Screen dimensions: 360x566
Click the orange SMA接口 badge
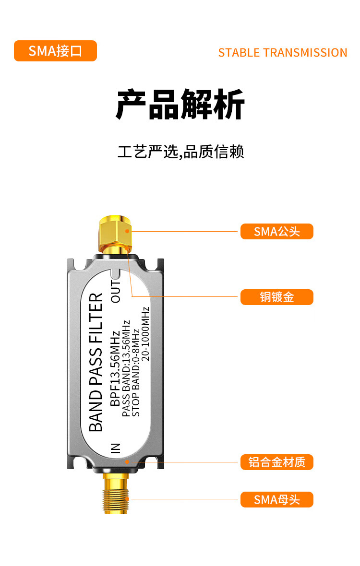tap(55, 51)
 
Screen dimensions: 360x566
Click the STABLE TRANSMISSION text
tap(282, 52)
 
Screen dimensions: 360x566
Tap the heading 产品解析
tap(180, 104)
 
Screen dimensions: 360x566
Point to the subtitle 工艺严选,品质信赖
tap(181, 152)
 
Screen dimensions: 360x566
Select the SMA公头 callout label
tap(276, 232)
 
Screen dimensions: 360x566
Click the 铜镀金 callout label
tap(276, 297)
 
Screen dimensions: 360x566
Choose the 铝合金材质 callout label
tap(276, 462)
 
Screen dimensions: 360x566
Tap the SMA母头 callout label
tap(276, 500)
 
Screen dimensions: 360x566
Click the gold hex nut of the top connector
tap(116, 231)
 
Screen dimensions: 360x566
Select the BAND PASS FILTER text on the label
tap(96, 362)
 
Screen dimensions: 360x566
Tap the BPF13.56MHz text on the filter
tap(116, 368)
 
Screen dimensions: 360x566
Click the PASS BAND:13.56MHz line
tap(126, 368)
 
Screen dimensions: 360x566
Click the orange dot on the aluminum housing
tap(127, 462)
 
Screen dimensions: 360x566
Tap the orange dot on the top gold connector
tap(128, 231)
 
